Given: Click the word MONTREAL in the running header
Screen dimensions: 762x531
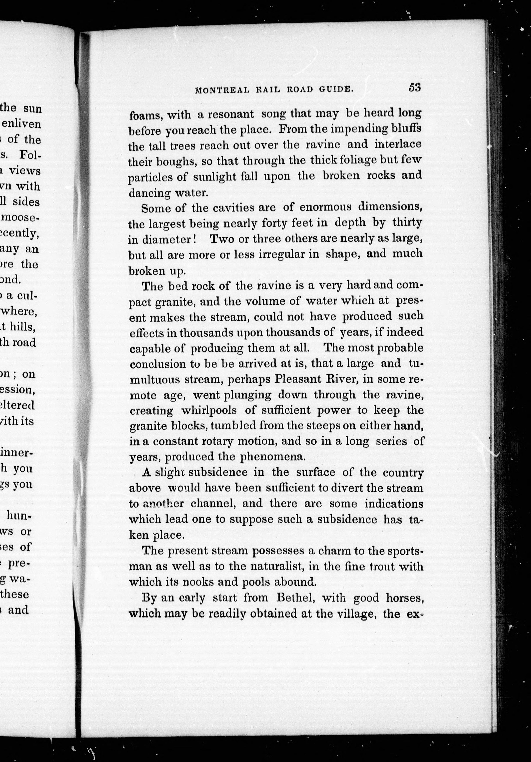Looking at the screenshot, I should tap(222, 90).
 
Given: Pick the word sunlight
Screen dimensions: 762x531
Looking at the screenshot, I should tap(225, 176).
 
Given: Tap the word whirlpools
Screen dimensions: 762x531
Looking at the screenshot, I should tap(209, 410).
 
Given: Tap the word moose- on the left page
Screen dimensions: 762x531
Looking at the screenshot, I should tap(21, 218).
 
